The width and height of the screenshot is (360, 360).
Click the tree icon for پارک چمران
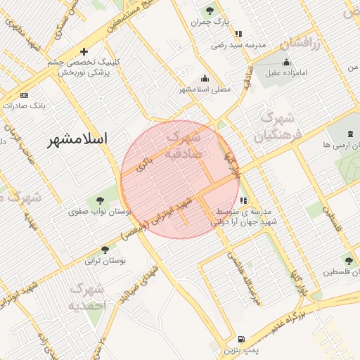[x=210, y=11]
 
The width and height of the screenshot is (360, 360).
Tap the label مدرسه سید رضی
[x=238, y=45]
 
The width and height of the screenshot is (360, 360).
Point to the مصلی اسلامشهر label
[x=205, y=89]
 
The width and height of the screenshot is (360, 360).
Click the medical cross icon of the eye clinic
[x=84, y=51]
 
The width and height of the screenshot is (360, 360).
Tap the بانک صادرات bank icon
[x=25, y=95]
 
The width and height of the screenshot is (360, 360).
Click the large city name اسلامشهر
[x=78, y=140]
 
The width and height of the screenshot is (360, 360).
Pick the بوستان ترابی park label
[x=104, y=261]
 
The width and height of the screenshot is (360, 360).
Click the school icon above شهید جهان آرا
[x=243, y=200]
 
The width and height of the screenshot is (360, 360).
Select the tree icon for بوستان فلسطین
[x=349, y=261]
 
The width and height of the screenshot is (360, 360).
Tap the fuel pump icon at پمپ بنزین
[x=242, y=339]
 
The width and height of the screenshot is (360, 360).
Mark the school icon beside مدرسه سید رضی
[x=239, y=33]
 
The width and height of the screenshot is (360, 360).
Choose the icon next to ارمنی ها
[x=350, y=134]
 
